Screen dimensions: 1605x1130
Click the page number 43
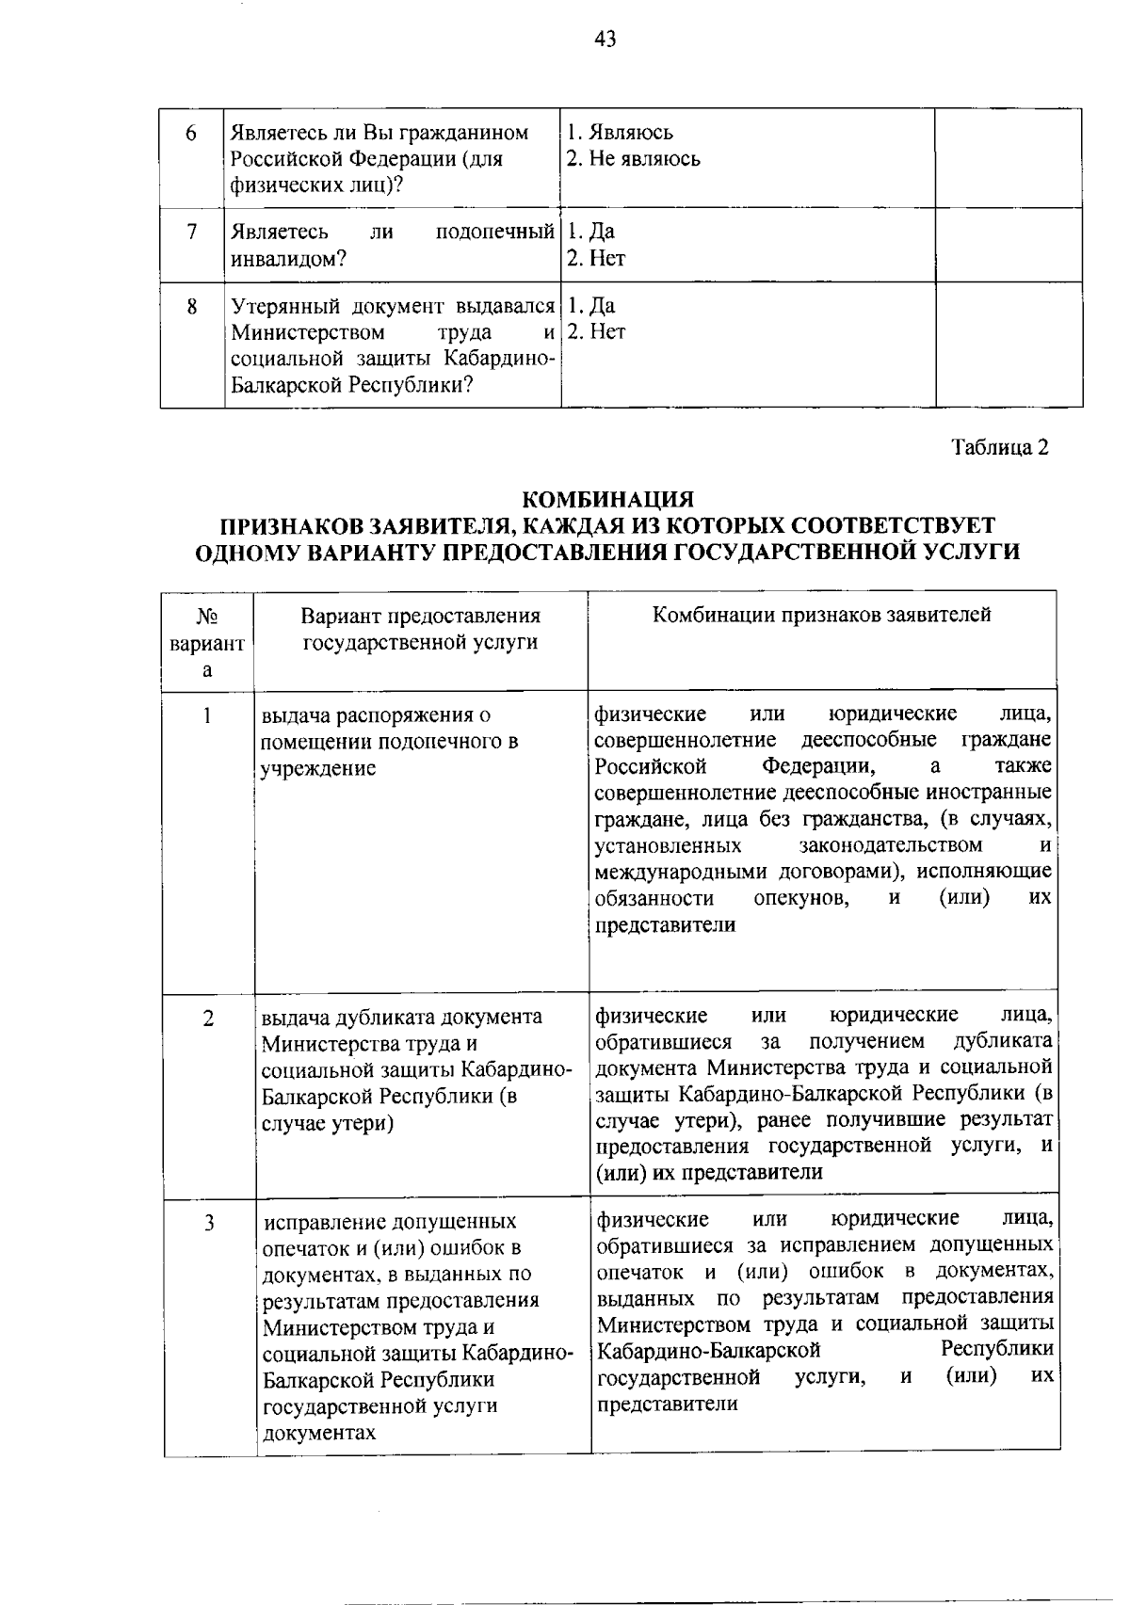(x=605, y=40)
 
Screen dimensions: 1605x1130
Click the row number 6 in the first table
(x=191, y=134)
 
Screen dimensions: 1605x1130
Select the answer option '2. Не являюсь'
(x=633, y=159)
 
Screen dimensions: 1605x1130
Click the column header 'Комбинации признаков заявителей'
(x=821, y=616)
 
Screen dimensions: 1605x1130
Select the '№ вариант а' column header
(x=207, y=643)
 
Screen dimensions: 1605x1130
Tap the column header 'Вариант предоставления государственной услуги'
(x=420, y=629)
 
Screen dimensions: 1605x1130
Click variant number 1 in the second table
(x=206, y=715)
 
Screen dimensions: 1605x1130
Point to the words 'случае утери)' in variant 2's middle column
(x=327, y=1123)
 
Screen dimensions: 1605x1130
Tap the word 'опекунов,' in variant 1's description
(x=803, y=899)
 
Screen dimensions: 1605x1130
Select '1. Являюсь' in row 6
(x=620, y=133)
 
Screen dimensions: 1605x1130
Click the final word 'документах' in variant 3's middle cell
(x=319, y=1433)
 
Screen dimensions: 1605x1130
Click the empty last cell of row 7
(x=1008, y=245)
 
